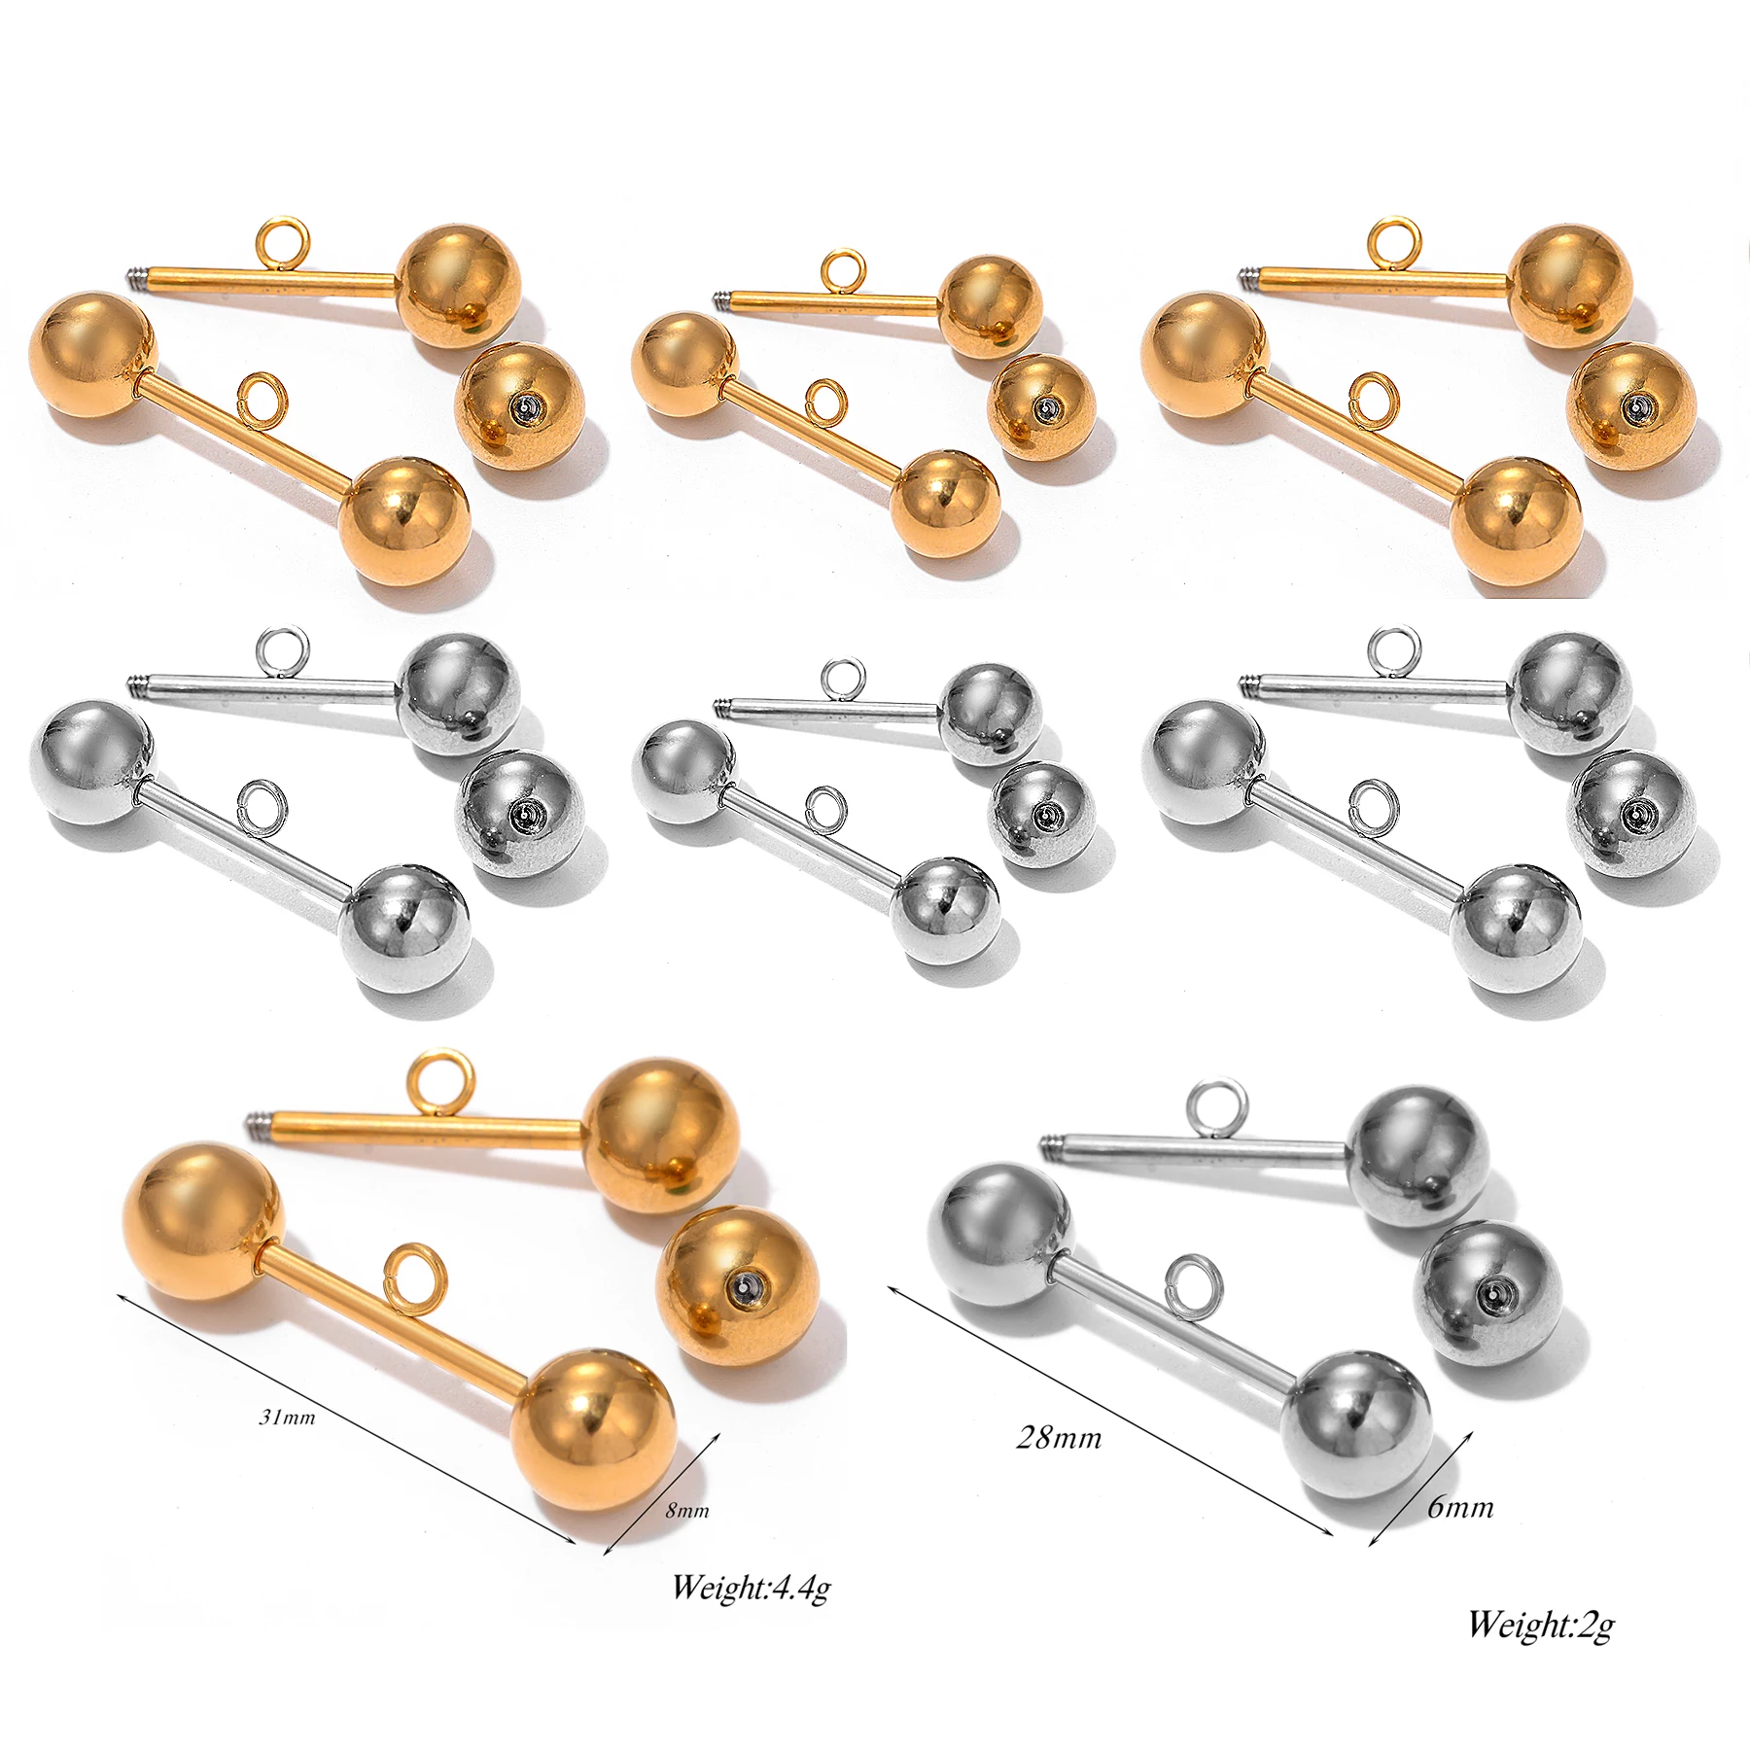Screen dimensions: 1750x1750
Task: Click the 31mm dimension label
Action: pyautogui.click(x=287, y=1417)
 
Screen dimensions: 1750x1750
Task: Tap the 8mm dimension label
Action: pyautogui.click(x=687, y=1510)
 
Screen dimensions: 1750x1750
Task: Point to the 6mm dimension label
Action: pyautogui.click(x=1459, y=1508)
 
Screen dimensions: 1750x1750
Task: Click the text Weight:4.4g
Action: pyautogui.click(x=751, y=1588)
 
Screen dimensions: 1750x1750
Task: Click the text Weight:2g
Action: pyautogui.click(x=1541, y=1624)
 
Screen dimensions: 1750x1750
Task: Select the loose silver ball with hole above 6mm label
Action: pyautogui.click(x=1488, y=1294)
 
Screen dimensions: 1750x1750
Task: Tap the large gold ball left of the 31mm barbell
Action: pyautogui.click(x=204, y=1222)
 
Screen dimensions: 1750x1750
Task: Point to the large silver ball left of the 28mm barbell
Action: pyautogui.click(x=1002, y=1236)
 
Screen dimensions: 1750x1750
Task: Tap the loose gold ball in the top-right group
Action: pyautogui.click(x=1632, y=406)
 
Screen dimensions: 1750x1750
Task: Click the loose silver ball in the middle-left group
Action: pyautogui.click(x=520, y=813)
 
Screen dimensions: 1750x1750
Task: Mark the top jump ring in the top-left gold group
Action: pyautogui.click(x=283, y=239)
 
